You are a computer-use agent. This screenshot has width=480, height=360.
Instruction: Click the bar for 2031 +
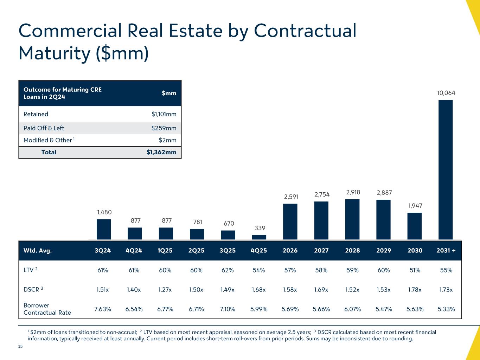point(446,170)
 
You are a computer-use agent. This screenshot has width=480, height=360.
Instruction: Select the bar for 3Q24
point(104,229)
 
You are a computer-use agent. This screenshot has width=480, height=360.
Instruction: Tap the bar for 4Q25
point(259,237)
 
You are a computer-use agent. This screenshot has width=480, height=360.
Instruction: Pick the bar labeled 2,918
point(352,219)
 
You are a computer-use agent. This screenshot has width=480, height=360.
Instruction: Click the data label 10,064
point(446,93)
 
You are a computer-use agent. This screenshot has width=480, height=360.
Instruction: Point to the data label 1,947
point(415,206)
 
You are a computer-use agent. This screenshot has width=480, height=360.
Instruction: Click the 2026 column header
point(290,251)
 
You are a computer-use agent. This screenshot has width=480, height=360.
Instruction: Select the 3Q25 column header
point(228,251)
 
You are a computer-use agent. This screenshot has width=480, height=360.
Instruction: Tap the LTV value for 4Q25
point(259,270)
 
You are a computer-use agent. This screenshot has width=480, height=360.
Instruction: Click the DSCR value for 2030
point(415,290)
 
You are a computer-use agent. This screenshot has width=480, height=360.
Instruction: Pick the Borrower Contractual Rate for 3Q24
point(103,309)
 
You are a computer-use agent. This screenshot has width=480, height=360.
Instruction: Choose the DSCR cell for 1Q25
point(165,290)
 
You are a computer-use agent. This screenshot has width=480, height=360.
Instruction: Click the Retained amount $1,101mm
point(161,114)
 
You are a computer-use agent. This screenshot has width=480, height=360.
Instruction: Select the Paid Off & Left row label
point(44,128)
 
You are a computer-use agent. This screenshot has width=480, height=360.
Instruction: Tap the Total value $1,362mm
point(161,152)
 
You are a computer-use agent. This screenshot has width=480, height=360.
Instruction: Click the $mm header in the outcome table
point(169,93)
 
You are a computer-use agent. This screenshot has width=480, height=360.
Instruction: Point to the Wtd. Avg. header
point(38,251)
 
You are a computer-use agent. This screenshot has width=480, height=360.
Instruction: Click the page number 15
point(20,347)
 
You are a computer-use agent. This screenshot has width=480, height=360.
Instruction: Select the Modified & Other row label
point(47,140)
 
